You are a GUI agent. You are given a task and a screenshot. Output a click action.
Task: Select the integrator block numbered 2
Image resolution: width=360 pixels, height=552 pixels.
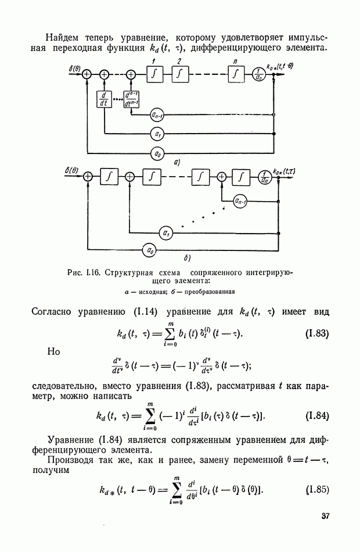coord(179,74)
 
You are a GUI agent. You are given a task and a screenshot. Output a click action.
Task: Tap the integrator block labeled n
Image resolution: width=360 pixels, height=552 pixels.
coord(236,74)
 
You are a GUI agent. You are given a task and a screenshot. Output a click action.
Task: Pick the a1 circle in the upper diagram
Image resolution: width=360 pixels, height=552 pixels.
coord(157,134)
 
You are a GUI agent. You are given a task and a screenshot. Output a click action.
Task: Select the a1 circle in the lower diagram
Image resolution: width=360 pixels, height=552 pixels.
coord(167,234)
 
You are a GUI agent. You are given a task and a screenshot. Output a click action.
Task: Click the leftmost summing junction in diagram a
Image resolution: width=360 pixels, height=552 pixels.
coord(87,74)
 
